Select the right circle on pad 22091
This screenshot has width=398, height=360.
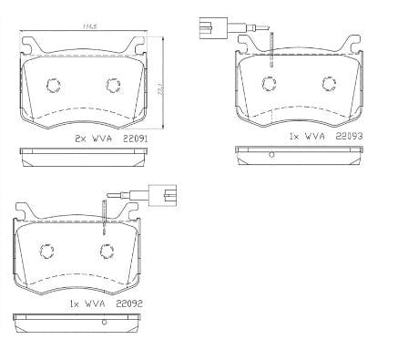tap(113, 86)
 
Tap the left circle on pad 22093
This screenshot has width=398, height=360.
tap(270, 84)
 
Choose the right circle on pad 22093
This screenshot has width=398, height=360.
tap(329, 84)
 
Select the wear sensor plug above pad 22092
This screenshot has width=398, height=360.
tap(168, 194)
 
